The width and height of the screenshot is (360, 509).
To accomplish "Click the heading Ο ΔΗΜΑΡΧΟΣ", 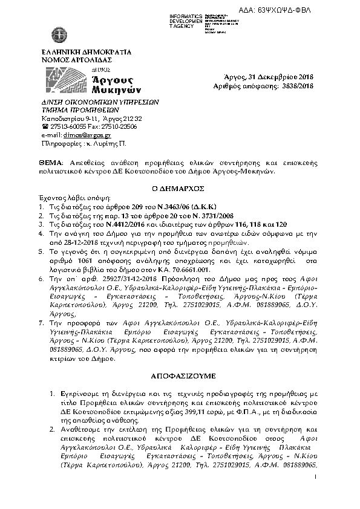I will coord(180,188).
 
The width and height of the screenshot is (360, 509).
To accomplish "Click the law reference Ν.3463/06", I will coord(140,206).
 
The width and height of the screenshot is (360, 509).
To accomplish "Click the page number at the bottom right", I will coord(316,494).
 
